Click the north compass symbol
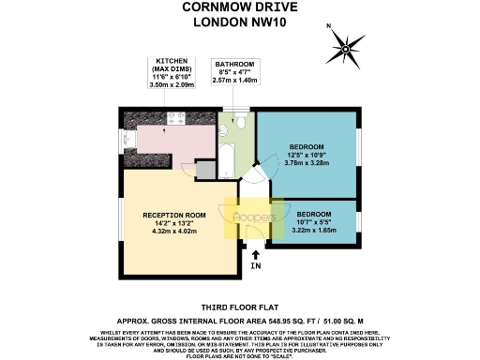349,45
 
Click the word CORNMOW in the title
209,8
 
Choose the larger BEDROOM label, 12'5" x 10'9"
307,147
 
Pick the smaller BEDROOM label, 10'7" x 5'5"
315,213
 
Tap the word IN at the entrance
256,266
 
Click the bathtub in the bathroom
227,156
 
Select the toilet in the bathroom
239,121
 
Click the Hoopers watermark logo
254,217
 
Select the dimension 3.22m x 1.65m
315,229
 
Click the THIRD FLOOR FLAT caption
239,307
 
